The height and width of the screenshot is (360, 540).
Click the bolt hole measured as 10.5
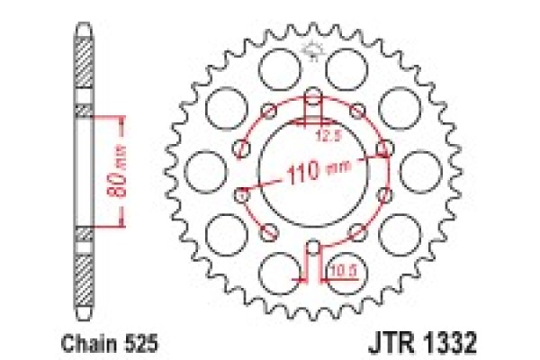point(312,247)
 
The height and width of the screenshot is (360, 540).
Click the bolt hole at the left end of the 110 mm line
point(241,192)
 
